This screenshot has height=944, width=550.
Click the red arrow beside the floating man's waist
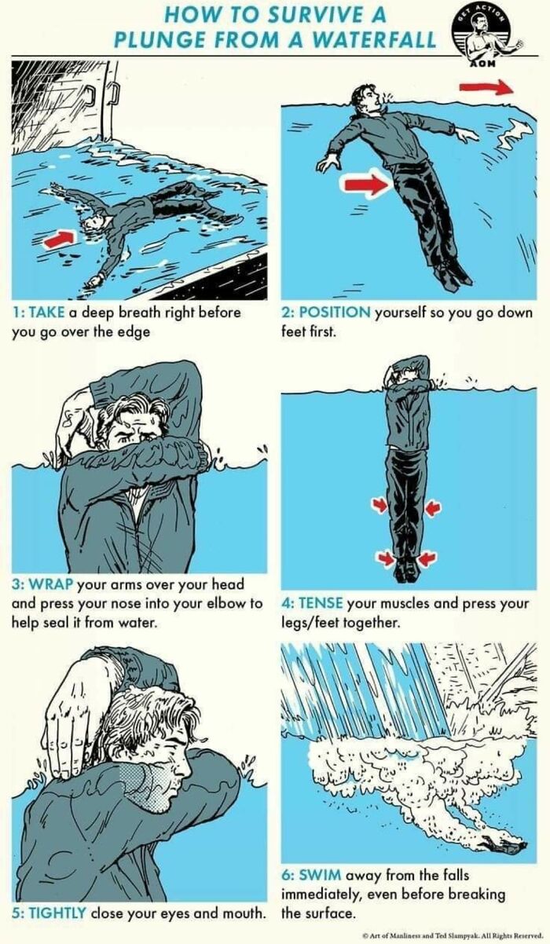366,185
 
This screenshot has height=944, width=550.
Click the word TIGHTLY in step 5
57,913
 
